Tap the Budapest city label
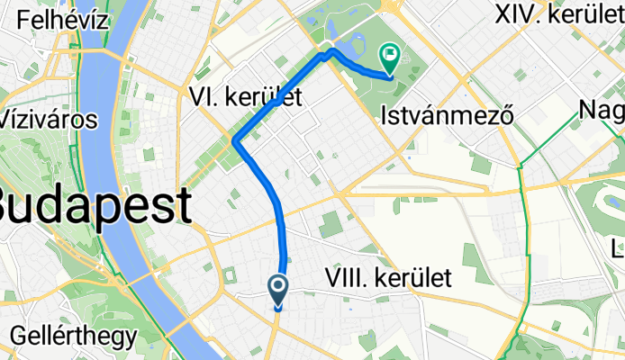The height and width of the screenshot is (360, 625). click(95, 206)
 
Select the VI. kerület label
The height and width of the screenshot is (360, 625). click(244, 96)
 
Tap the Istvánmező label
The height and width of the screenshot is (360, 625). click(447, 115)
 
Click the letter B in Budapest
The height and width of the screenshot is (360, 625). click(14, 206)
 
